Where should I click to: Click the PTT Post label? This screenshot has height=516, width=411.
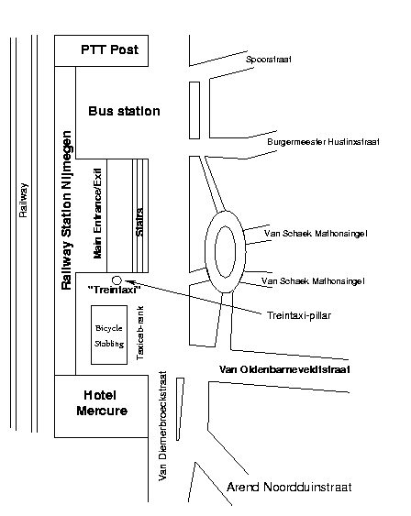click(x=110, y=49)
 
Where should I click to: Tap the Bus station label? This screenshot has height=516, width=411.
click(x=124, y=111)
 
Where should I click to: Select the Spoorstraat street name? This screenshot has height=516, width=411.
click(x=269, y=60)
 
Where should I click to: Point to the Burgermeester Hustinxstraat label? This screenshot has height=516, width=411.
click(x=323, y=142)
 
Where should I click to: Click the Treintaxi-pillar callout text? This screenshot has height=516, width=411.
click(x=299, y=315)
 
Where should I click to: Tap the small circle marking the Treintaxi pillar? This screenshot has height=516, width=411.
click(x=117, y=280)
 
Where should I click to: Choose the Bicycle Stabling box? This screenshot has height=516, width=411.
click(x=109, y=335)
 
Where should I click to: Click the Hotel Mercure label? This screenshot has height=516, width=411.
click(x=102, y=402)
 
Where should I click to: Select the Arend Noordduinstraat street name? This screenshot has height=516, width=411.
click(x=290, y=487)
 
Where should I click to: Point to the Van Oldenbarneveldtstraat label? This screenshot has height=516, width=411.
click(x=284, y=369)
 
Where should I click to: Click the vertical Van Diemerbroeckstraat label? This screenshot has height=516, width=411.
click(x=162, y=426)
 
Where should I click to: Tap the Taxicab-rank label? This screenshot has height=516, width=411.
click(x=140, y=333)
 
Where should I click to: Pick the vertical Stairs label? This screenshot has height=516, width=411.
click(x=139, y=222)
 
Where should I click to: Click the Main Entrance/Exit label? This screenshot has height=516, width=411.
click(x=98, y=214)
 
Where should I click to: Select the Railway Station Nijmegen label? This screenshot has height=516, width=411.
click(x=67, y=210)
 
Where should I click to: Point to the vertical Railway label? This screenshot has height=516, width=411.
click(x=23, y=201)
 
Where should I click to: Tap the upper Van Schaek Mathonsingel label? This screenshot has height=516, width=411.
click(x=316, y=234)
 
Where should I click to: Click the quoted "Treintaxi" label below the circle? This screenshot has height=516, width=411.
click(x=115, y=290)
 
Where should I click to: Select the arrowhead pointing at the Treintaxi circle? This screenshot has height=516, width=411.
click(x=128, y=281)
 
